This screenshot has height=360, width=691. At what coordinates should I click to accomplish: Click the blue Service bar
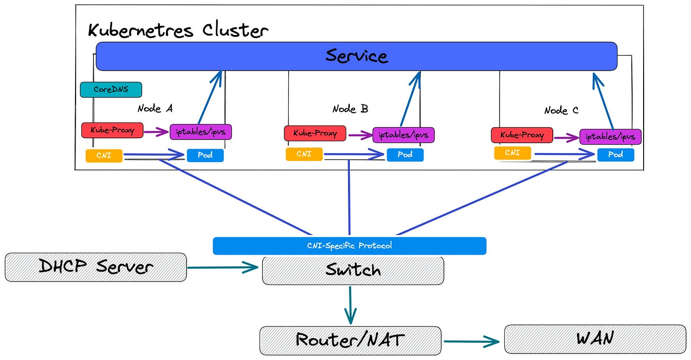(x=356, y=56)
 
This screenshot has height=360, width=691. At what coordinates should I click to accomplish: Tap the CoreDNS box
(x=111, y=89)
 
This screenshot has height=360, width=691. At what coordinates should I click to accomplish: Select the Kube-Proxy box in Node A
(x=112, y=130)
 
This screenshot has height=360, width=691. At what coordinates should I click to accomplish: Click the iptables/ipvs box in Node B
(x=403, y=134)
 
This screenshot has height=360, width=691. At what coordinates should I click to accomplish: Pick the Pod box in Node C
(x=615, y=155)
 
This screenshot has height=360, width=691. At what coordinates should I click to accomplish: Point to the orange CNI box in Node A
(x=104, y=156)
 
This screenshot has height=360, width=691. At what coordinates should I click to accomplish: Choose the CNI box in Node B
(x=304, y=154)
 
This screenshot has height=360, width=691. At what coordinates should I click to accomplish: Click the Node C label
(x=561, y=111)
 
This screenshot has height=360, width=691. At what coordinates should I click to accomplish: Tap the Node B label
(x=350, y=109)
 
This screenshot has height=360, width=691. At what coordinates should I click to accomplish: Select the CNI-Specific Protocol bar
(x=349, y=245)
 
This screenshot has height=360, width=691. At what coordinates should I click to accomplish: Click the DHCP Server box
(x=96, y=267)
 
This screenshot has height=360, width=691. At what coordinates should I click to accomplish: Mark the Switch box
(x=353, y=270)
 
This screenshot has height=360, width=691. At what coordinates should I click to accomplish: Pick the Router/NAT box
(x=350, y=340)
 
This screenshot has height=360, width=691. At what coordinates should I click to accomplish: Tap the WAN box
(x=595, y=339)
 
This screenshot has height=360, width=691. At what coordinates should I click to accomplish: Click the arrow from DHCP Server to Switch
(x=223, y=268)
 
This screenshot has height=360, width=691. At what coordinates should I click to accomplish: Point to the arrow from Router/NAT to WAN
(x=472, y=341)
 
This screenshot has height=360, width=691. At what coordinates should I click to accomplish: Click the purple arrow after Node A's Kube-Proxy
(x=156, y=132)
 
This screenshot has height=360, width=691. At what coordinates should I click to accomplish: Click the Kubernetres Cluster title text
(x=178, y=31)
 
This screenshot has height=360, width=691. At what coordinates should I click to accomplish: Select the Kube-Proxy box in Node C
(x=522, y=135)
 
